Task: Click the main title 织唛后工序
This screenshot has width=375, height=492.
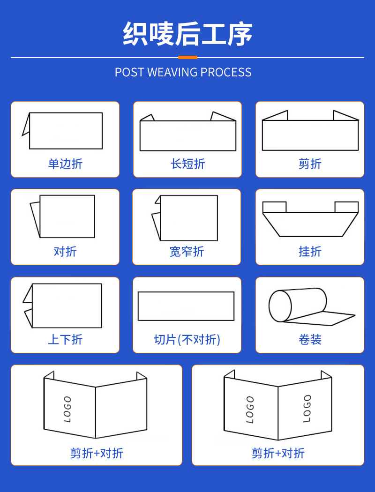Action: click(187, 34)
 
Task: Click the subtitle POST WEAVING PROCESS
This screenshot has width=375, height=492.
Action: click(183, 72)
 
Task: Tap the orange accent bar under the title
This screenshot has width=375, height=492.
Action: click(187, 57)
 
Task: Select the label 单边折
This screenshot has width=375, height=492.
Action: click(65, 164)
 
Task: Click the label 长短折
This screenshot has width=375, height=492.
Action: click(187, 164)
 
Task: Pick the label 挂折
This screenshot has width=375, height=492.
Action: click(310, 251)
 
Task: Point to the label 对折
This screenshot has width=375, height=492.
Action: click(65, 251)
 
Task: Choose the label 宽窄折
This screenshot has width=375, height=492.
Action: click(187, 251)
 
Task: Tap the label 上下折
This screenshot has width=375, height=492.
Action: click(65, 339)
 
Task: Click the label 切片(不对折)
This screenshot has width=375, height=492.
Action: click(187, 339)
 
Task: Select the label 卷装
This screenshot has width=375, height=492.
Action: click(310, 339)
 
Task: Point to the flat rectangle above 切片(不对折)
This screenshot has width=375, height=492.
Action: click(186, 306)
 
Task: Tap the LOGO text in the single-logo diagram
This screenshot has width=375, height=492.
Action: click(67, 409)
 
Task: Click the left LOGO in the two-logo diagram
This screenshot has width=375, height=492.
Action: click(250, 409)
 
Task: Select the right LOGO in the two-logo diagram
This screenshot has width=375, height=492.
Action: click(307, 408)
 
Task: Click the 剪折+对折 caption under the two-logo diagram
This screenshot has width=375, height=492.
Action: click(278, 453)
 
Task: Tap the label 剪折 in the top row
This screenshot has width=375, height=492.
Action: click(310, 164)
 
